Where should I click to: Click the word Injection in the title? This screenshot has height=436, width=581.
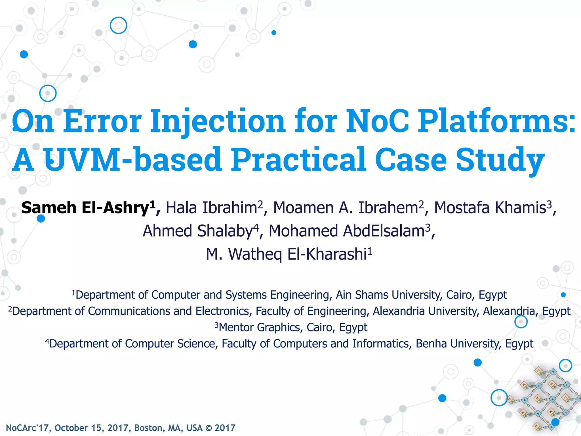click(x=217, y=121)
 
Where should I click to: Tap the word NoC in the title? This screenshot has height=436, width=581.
click(x=377, y=121)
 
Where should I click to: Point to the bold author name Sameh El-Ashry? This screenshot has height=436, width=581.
click(x=85, y=208)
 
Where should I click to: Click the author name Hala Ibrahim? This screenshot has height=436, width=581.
click(x=211, y=208)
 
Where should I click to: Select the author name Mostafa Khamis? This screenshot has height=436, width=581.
click(x=490, y=208)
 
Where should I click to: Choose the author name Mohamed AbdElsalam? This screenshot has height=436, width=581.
click(x=346, y=231)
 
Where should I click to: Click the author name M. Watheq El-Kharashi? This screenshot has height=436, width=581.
click(x=287, y=254)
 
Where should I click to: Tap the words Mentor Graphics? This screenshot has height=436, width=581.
click(x=259, y=328)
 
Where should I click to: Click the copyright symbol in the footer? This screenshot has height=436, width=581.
click(x=209, y=428)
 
